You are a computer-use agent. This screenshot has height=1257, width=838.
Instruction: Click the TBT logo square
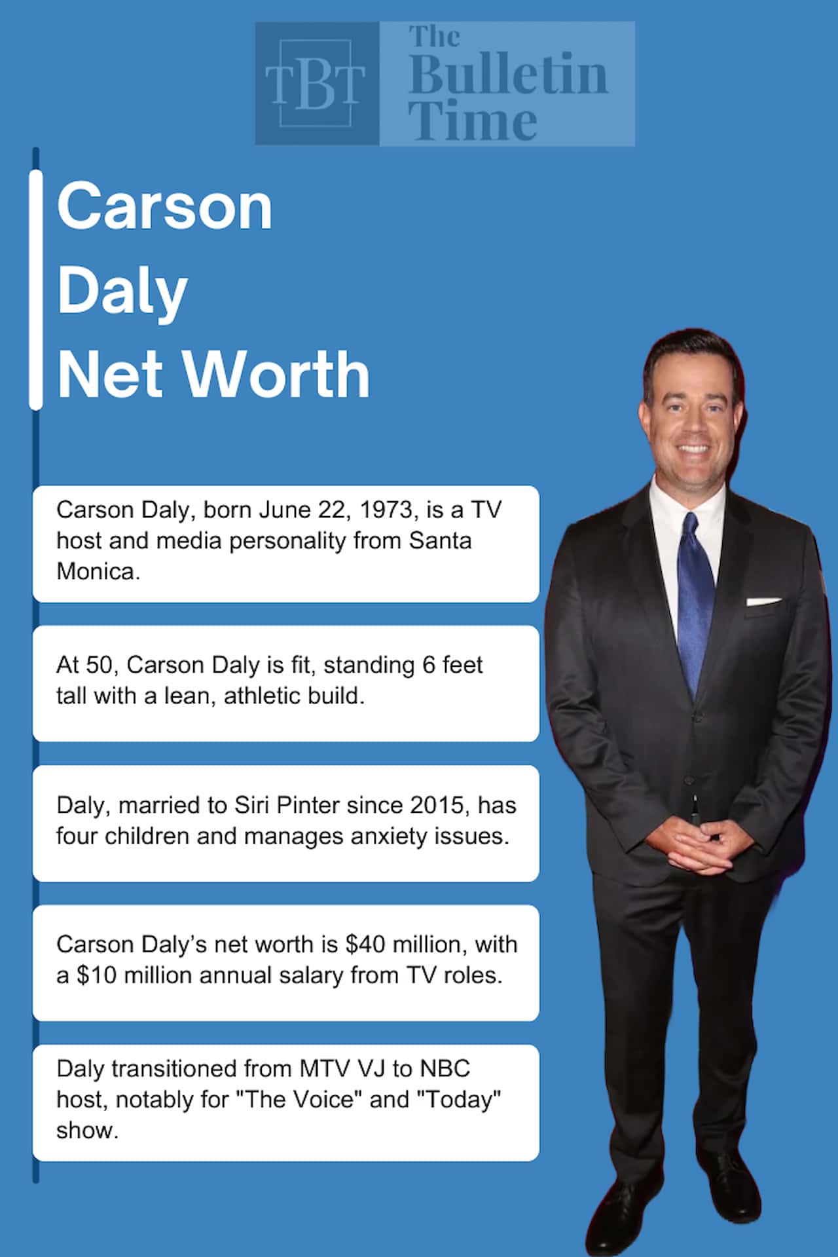click(317, 83)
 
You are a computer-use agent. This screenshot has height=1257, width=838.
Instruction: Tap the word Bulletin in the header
click(508, 75)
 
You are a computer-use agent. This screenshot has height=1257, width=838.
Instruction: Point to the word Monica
click(98, 571)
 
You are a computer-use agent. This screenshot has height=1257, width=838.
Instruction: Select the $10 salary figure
click(97, 975)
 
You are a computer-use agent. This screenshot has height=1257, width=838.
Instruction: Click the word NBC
click(445, 1068)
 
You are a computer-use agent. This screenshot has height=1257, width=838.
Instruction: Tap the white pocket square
click(763, 601)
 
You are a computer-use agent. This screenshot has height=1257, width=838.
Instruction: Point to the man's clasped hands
click(699, 846)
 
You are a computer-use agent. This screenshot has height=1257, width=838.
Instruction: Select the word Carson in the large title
click(164, 207)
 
